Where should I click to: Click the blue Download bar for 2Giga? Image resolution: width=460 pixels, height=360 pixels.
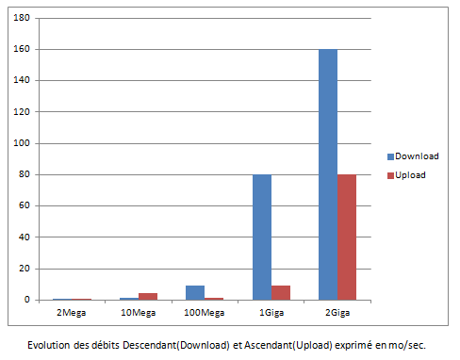(x=328, y=174)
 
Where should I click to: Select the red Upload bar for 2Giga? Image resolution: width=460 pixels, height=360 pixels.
(x=347, y=237)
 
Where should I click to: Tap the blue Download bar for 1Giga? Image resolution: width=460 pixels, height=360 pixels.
(x=261, y=237)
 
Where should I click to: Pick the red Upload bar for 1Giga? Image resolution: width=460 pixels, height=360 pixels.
(x=281, y=292)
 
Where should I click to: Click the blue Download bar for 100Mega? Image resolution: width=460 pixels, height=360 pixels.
(x=195, y=292)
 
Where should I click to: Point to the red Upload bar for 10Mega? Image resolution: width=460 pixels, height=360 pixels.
(x=148, y=296)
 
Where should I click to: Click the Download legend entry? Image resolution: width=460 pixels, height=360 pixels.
(x=412, y=155)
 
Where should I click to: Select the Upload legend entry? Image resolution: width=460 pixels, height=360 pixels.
(x=407, y=176)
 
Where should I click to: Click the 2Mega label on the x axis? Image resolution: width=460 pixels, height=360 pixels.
(x=73, y=311)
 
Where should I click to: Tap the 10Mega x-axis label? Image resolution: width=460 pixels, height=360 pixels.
(x=139, y=311)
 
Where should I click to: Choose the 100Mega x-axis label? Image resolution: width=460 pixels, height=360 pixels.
(x=205, y=311)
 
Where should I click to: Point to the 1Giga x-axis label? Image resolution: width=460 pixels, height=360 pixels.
(x=271, y=311)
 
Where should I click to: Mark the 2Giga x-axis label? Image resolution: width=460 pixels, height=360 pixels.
(x=337, y=311)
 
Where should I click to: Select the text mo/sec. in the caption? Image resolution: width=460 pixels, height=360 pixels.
(x=406, y=344)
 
